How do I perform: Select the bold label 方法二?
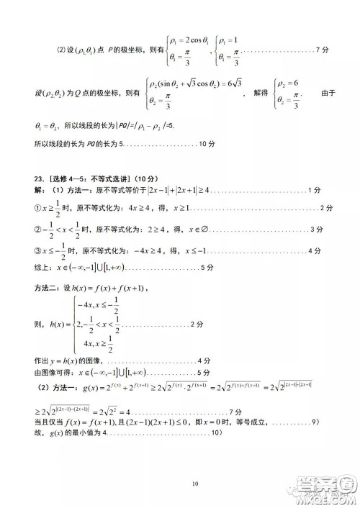pyautogui.click(x=48, y=288)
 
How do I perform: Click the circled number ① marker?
pyautogui.click(x=39, y=209)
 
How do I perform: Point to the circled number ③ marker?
pyautogui.click(x=39, y=251)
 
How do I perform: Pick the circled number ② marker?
pyautogui.click(x=39, y=230)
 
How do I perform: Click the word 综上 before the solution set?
pyautogui.click(x=42, y=267)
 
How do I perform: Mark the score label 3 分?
pyautogui.click(x=315, y=230)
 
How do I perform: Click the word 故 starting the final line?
pyautogui.click(x=38, y=433)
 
